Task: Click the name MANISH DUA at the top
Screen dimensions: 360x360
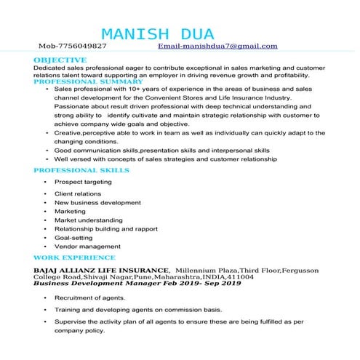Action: [x=158, y=34]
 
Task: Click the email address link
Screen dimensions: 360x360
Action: [x=218, y=46]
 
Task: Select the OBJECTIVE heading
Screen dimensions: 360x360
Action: [x=60, y=60]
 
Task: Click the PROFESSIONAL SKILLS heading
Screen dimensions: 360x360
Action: [x=81, y=170]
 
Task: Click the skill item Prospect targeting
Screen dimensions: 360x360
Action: [x=83, y=182]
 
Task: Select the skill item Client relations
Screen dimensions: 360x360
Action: [x=78, y=193]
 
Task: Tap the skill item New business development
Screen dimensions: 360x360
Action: [x=97, y=202]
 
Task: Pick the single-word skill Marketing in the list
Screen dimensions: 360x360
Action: [x=70, y=212]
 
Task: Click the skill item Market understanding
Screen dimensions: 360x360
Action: [x=88, y=220]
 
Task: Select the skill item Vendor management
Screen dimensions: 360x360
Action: [x=87, y=247]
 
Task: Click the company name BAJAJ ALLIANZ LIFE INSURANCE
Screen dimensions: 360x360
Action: [x=101, y=269]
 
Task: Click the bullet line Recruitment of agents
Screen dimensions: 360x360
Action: [x=89, y=298]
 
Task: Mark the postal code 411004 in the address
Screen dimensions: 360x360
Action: [x=241, y=276]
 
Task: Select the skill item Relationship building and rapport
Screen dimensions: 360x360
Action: [x=105, y=229]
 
